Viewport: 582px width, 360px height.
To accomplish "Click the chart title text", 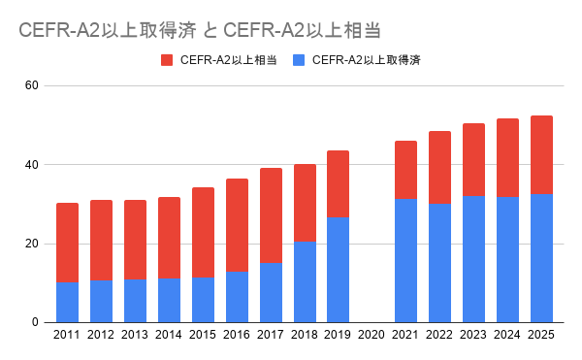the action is pyautogui.click(x=200, y=30).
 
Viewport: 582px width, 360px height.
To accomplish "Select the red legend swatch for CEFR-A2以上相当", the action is pyautogui.click(x=167, y=60).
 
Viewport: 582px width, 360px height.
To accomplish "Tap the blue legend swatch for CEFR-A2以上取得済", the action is pyautogui.click(x=299, y=60).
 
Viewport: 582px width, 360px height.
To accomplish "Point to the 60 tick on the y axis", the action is pyautogui.click(x=32, y=85).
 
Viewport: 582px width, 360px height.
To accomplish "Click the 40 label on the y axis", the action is pyautogui.click(x=32, y=164).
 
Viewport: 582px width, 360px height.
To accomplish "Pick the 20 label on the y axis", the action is pyautogui.click(x=32, y=244).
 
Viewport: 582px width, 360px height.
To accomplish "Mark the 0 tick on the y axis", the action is pyautogui.click(x=35, y=322).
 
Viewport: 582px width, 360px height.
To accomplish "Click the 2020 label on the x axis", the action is pyautogui.click(x=372, y=335).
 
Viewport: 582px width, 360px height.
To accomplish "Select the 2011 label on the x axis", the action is pyautogui.click(x=67, y=335).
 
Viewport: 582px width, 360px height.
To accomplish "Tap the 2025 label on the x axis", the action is pyautogui.click(x=541, y=335).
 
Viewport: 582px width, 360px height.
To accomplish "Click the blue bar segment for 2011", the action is pyautogui.click(x=67, y=303).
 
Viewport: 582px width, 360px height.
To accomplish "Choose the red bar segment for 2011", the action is pyautogui.click(x=67, y=243).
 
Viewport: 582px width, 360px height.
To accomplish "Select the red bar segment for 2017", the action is pyautogui.click(x=271, y=215).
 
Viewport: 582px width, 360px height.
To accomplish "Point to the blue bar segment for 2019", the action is pyautogui.click(x=339, y=270).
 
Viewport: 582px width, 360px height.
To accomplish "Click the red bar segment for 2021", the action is pyautogui.click(x=405, y=170).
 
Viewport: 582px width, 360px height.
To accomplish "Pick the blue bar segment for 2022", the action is pyautogui.click(x=439, y=263).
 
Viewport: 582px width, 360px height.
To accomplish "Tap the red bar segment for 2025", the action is pyautogui.click(x=541, y=154).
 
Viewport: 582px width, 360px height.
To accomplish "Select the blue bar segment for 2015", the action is pyautogui.click(x=203, y=300).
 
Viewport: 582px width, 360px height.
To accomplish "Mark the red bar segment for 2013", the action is pyautogui.click(x=135, y=240).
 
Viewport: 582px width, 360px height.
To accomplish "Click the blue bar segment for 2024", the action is pyautogui.click(x=507, y=260).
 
